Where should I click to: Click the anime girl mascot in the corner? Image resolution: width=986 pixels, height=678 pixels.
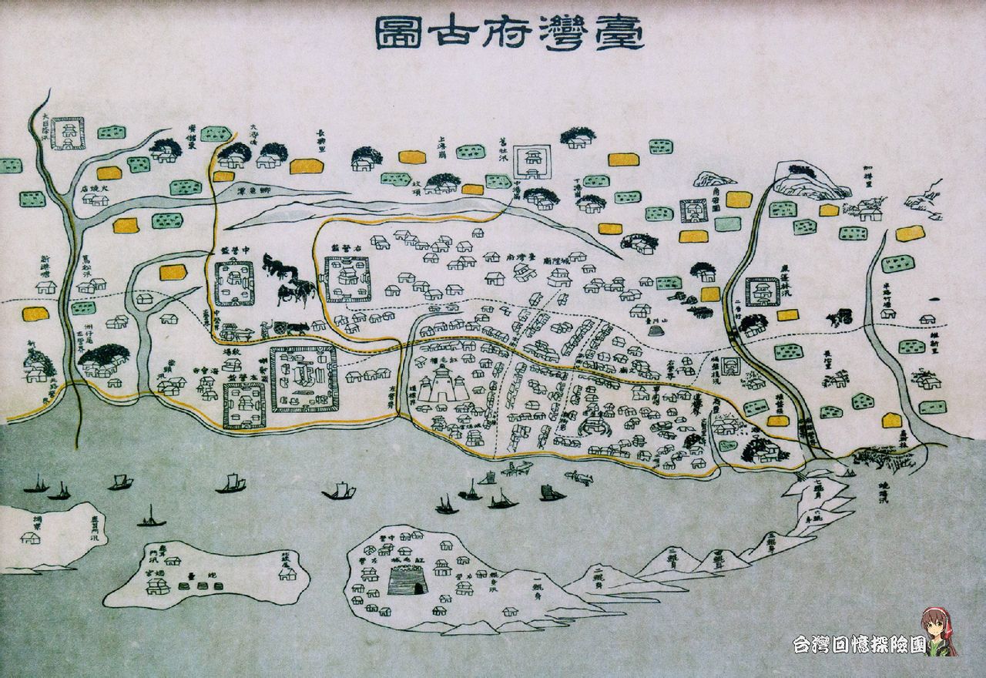coord(937,631)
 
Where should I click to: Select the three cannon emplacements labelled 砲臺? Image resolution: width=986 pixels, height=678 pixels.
coord(201,583)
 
